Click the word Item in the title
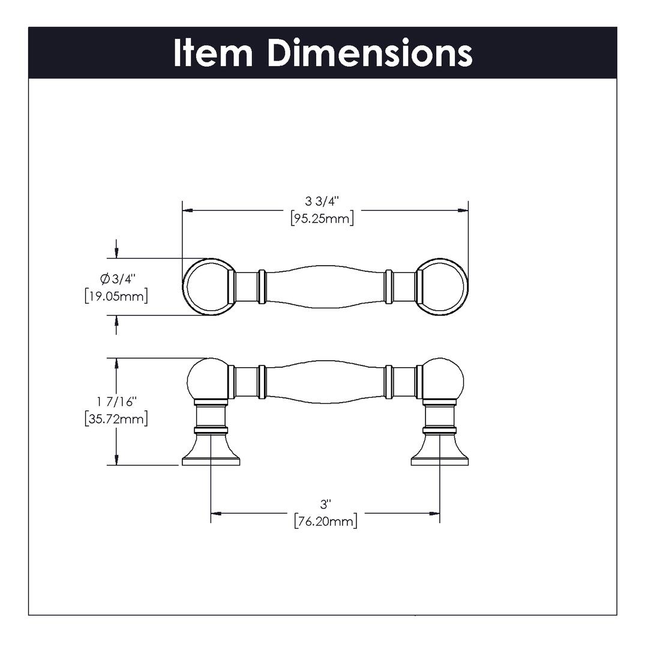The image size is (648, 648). tap(213, 53)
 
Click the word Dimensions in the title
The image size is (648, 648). tap(370, 53)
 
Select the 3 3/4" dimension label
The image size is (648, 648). tap(322, 200)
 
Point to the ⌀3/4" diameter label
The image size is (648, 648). tap(118, 279)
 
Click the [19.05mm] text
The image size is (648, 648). tap(116, 296)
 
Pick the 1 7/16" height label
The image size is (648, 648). tap(117, 401)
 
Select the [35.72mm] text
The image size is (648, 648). tap(116, 418)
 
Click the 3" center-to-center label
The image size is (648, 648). tap(325, 503)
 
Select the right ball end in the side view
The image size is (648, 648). tap(443, 379)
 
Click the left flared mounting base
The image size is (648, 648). tap(211, 450)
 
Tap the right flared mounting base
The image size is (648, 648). tap(440, 450)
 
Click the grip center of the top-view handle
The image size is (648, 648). tap(325, 287)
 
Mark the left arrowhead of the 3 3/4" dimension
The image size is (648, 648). tap(187, 211)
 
